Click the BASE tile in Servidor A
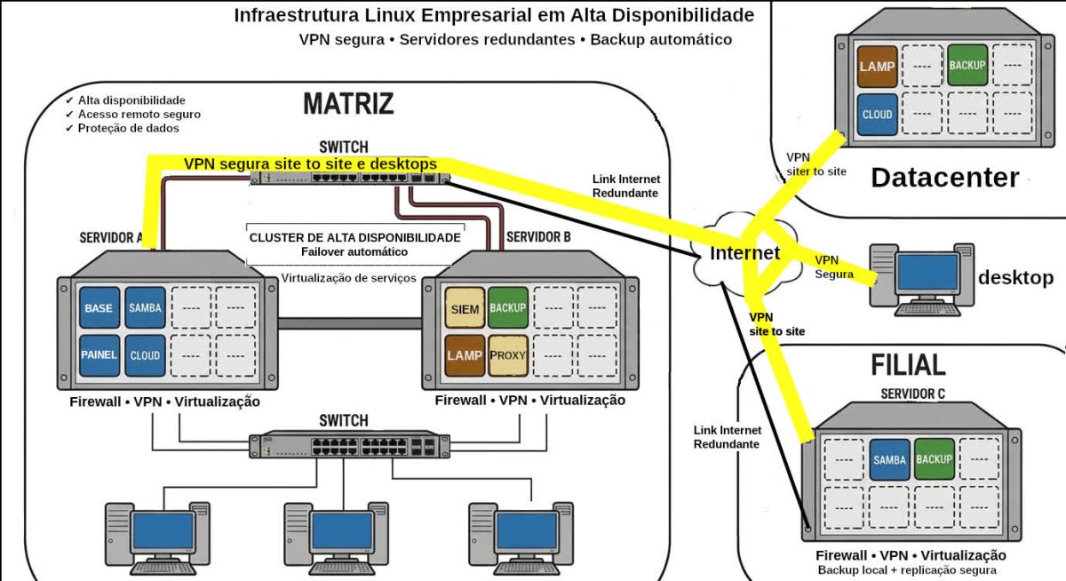(99, 308)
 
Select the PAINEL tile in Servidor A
(99, 354)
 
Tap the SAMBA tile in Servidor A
(145, 308)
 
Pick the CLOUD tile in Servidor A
(145, 354)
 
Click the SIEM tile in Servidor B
(465, 308)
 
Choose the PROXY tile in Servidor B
(508, 354)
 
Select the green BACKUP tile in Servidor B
(508, 308)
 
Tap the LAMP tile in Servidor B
(465, 354)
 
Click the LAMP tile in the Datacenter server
(877, 67)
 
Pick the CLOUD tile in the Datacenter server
(877, 115)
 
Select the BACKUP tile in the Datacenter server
(967, 66)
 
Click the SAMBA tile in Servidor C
(889, 459)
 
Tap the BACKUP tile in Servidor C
(934, 459)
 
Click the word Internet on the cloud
(744, 254)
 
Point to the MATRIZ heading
(348, 104)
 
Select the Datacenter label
(944, 178)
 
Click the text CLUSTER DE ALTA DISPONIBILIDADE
(355, 238)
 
